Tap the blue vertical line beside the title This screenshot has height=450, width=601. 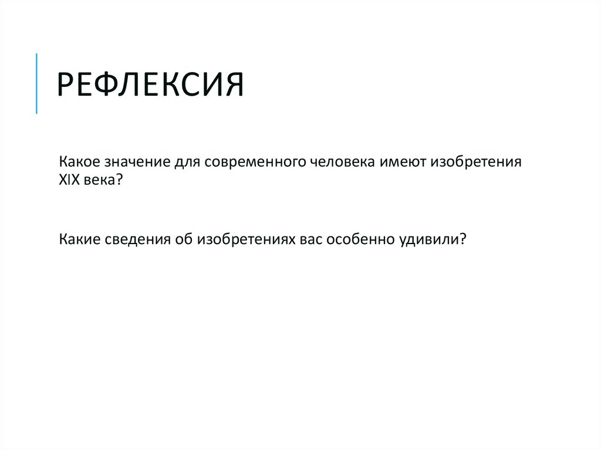(36, 83)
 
